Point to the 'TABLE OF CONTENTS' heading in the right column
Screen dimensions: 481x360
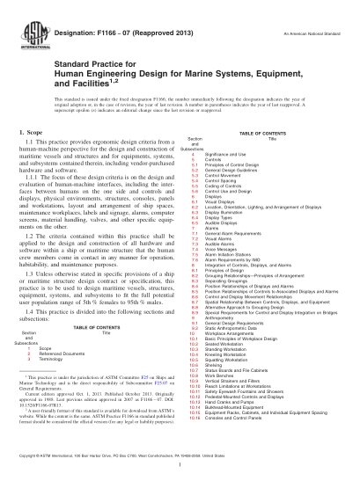pos(264,131)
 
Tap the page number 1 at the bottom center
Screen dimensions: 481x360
pos(180,468)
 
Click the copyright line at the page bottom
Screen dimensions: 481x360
pos(180,455)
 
